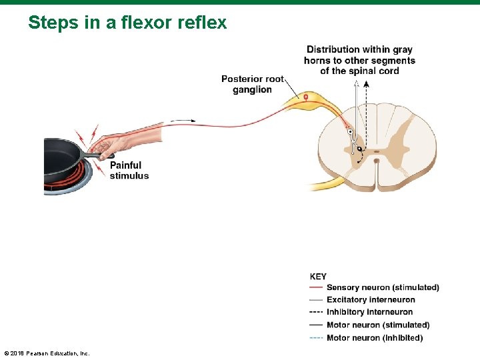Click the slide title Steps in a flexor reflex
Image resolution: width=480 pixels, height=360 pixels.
(127, 23)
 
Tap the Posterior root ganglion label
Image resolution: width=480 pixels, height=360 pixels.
(252, 84)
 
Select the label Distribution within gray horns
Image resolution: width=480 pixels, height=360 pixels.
(359, 60)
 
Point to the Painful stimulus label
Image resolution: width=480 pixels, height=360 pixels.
(129, 170)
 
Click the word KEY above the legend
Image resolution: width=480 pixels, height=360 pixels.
(318, 276)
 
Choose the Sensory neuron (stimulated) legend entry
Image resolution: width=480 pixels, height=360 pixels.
(382, 287)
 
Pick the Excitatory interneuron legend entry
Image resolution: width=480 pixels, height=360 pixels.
(370, 300)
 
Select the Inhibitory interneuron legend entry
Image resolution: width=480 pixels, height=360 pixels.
(369, 312)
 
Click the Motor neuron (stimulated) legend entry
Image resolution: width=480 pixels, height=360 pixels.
(377, 325)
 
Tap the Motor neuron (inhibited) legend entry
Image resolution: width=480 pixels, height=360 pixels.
(374, 337)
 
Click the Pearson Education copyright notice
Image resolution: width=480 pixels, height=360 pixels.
(47, 353)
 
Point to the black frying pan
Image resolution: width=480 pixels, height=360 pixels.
(63, 157)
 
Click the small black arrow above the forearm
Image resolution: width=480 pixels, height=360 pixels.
(183, 121)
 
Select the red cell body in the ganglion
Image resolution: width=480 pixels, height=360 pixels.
(306, 97)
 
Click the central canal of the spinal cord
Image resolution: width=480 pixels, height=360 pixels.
(377, 160)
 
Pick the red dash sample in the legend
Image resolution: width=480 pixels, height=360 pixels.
(317, 287)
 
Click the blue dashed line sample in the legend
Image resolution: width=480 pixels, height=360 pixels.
(317, 337)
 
